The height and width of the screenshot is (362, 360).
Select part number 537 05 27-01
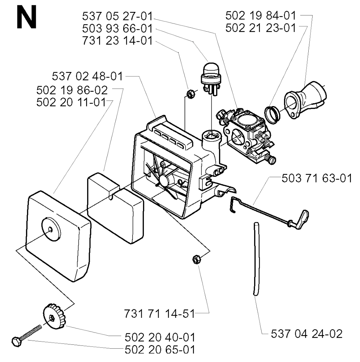[117, 17]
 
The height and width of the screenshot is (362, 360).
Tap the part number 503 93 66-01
[117, 28]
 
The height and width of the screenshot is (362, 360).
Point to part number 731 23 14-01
[117, 41]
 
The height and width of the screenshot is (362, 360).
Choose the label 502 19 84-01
[261, 16]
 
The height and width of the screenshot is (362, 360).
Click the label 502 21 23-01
[261, 28]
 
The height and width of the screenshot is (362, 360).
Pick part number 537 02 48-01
[87, 76]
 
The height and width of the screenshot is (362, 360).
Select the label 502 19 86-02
[72, 90]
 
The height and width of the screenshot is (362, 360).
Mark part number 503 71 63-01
[317, 178]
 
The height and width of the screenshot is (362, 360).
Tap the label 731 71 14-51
[159, 314]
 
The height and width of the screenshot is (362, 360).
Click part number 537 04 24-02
[307, 334]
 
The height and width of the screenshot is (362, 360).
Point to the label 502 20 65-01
[160, 350]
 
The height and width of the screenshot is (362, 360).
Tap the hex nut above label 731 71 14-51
[197, 259]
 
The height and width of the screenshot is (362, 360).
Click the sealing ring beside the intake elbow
[272, 115]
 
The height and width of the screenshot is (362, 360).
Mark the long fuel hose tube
[256, 259]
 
